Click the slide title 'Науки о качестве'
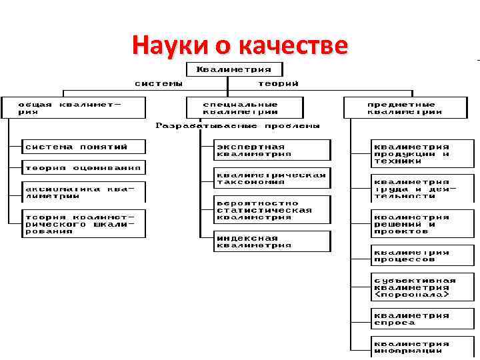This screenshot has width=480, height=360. [x=240, y=46]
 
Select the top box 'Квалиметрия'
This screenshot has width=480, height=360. [x=233, y=69]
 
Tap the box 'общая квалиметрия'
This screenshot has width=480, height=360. [x=73, y=108]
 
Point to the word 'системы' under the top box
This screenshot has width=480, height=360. [x=158, y=84]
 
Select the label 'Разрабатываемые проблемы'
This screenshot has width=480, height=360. [x=238, y=125]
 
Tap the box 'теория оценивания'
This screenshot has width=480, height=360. [x=83, y=167]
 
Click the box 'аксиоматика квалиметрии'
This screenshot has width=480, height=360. [x=83, y=192]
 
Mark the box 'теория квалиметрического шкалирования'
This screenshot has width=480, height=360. [x=83, y=224]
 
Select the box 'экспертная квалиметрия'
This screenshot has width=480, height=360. [x=272, y=150]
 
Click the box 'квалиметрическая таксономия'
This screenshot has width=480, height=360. [x=272, y=178]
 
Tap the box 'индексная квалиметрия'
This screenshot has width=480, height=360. [x=272, y=241]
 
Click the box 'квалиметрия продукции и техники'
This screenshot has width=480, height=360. [x=421, y=153]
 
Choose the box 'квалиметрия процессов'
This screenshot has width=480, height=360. [x=421, y=255]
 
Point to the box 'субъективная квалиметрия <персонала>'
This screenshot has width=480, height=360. [x=421, y=287]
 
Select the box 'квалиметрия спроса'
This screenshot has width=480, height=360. [x=421, y=319]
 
